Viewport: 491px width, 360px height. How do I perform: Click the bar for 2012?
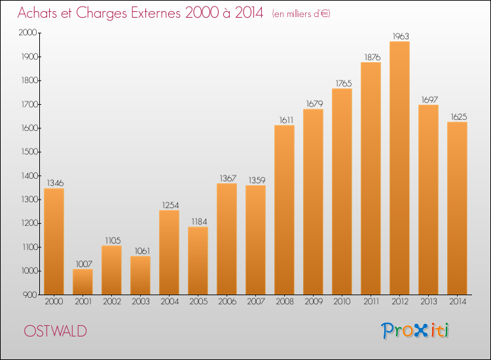point(399,168)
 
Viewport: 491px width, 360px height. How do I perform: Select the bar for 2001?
point(82,282)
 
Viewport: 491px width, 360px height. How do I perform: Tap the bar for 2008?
point(284,210)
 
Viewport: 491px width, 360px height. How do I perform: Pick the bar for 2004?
point(169,253)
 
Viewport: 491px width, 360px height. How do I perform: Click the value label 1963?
point(399,36)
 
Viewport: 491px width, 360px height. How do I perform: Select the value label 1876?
point(371,57)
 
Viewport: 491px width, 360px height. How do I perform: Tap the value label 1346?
point(54,183)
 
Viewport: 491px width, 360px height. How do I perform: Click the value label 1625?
point(457,117)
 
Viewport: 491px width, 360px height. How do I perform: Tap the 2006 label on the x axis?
point(227,302)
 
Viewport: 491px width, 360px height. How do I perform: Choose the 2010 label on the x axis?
point(342,302)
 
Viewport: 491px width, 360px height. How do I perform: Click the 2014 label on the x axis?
point(457,302)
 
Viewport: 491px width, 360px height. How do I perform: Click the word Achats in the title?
point(38,13)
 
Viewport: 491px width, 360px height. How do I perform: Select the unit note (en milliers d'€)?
point(301,14)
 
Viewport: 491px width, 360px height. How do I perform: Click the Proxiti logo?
point(415,331)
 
